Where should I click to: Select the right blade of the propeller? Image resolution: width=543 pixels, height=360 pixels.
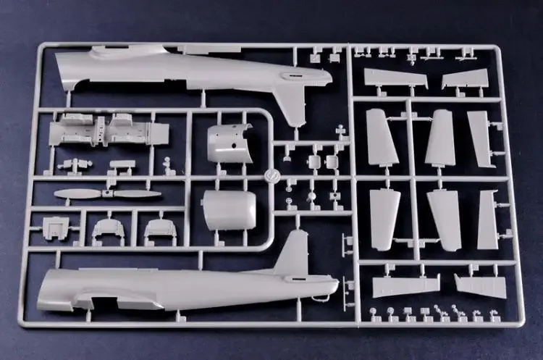click(139, 194)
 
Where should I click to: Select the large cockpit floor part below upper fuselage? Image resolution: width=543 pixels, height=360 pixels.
click(109, 133)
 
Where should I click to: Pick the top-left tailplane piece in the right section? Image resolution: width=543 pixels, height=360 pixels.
click(395, 79)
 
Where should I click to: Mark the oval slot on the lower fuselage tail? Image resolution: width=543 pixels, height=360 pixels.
click(297, 279)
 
